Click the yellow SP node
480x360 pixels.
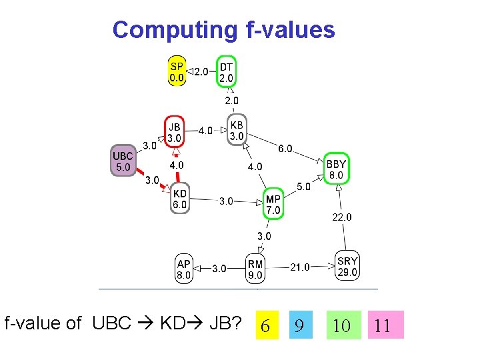click(177, 71)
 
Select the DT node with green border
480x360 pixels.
click(227, 71)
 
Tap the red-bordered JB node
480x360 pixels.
click(174, 132)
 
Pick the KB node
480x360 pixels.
click(237, 131)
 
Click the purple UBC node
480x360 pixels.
click(123, 161)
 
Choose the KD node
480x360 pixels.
click(180, 199)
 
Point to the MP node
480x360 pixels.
click(273, 204)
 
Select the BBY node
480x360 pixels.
click(337, 169)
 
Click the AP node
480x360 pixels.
click(184, 269)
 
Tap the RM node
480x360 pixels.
click(255, 269)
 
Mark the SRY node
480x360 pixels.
click(348, 267)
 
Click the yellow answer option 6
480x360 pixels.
click(265, 325)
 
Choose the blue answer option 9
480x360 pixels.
click(300, 325)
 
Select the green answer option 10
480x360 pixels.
click(342, 325)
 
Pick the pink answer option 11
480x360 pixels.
click(383, 325)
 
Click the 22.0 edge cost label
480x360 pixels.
click(342, 217)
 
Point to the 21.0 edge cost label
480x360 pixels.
click(300, 267)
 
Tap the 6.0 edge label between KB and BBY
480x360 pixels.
click(285, 149)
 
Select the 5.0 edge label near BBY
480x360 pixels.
click(303, 187)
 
